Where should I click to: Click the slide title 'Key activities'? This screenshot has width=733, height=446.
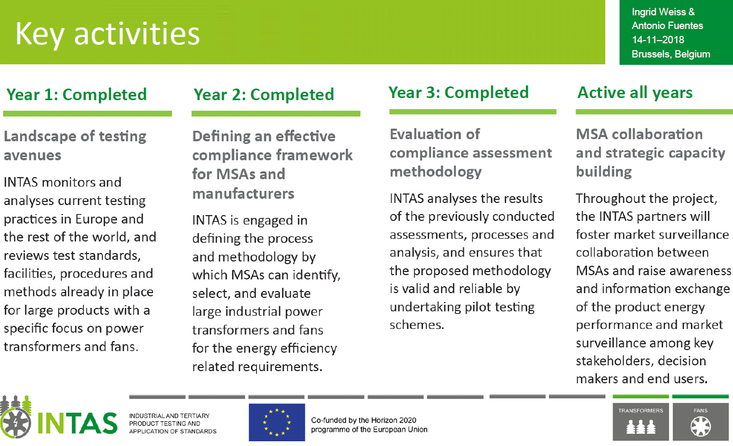pos(108,34)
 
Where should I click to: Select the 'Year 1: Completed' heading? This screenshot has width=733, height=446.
pos(77,94)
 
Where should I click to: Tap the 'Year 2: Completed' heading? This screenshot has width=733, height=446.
pos(264,94)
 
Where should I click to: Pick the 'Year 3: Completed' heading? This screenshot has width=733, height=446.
pos(459,93)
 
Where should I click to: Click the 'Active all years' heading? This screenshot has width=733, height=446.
pos(635,93)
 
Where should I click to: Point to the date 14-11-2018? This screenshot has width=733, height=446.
pos(658,40)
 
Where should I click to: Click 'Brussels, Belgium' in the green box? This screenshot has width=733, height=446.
pos(671,54)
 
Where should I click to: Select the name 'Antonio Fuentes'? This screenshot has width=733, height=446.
pos(667,25)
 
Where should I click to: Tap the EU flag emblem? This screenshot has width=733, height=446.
pos(277,422)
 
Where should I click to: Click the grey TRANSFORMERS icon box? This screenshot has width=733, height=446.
pos(641,422)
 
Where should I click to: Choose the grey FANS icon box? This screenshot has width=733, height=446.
pos(701,422)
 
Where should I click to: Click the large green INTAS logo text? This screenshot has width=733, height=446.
pos(77,423)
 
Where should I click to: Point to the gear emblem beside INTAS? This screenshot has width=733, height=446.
pos(16,422)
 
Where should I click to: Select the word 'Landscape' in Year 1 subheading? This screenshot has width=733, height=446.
pos(40,137)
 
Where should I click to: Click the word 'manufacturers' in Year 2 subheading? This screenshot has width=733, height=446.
pos(243,193)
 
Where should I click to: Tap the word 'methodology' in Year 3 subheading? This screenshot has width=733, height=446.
pos(435,172)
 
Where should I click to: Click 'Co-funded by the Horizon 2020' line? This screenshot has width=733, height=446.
pos(364,420)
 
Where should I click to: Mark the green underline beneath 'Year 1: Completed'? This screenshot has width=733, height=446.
pos(88,113)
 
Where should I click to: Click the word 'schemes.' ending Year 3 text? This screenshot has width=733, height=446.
pos(416,325)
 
